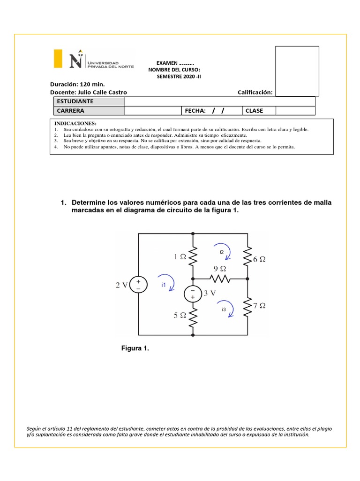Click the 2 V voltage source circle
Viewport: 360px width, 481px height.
click(138, 285)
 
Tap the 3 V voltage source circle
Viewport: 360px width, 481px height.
click(193, 294)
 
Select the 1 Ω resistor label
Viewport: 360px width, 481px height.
click(180, 257)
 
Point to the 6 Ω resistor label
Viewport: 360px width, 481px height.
click(260, 259)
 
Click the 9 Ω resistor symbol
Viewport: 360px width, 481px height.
click(220, 279)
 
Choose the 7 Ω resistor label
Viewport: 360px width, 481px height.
click(259, 305)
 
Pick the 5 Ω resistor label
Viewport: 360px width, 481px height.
click(180, 316)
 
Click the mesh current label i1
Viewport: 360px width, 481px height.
click(164, 285)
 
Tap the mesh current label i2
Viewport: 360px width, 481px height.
click(222, 252)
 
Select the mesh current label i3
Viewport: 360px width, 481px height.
click(224, 310)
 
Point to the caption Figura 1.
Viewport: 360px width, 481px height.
click(135, 348)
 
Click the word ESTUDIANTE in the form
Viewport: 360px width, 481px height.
click(75, 101)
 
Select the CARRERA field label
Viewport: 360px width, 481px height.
click(70, 111)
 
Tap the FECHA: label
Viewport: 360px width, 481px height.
click(195, 111)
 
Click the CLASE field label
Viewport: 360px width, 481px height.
click(254, 111)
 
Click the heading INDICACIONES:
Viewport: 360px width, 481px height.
click(75, 123)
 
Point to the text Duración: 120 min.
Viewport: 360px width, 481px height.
click(77, 84)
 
